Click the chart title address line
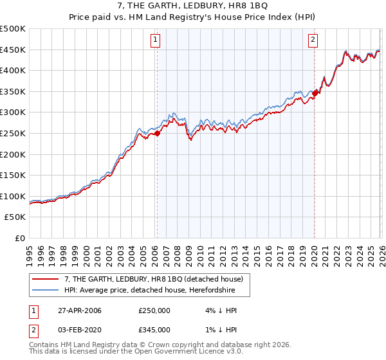point(193,6)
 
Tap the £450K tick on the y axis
point(13,50)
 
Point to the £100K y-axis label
point(13,196)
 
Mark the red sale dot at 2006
point(157,133)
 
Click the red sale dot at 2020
point(315,93)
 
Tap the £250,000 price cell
point(154,310)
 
